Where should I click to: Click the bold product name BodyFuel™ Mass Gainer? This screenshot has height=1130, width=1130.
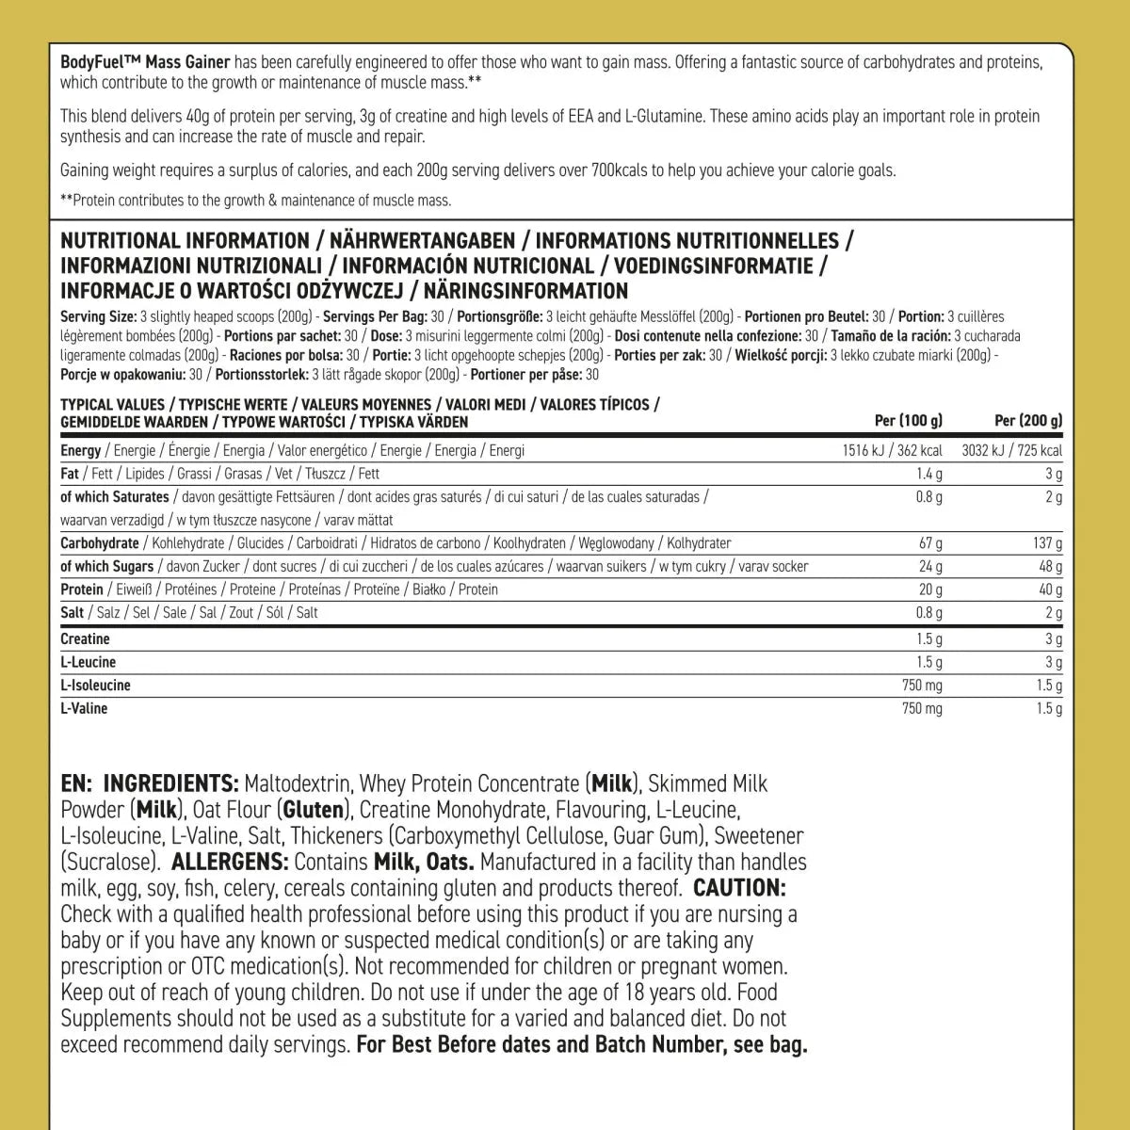[145, 63]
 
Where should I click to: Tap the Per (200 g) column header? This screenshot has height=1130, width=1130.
[1028, 421]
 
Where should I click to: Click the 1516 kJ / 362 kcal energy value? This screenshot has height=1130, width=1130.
[893, 450]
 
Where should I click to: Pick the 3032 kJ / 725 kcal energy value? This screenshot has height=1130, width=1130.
[1011, 450]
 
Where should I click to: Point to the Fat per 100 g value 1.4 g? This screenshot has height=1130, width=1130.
[928, 474]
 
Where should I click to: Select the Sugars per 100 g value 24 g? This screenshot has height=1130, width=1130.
[930, 567]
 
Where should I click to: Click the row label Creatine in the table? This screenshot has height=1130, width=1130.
[85, 639]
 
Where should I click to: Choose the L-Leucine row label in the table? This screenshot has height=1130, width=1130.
[88, 662]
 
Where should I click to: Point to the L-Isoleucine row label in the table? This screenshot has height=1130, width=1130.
[95, 686]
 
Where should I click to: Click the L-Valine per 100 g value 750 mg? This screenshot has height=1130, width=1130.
[922, 708]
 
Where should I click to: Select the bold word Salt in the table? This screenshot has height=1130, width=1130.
[72, 612]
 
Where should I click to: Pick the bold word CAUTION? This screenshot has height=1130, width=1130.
[739, 888]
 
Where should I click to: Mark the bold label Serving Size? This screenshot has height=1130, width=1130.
[98, 317]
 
